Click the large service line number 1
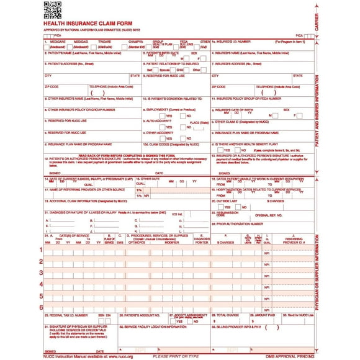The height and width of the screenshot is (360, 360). (42, 250)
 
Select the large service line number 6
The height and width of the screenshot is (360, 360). (42, 308)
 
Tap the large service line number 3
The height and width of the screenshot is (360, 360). (42, 272)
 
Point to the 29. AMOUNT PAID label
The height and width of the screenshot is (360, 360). (264, 315)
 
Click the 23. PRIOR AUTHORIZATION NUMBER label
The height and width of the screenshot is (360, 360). (242, 223)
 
